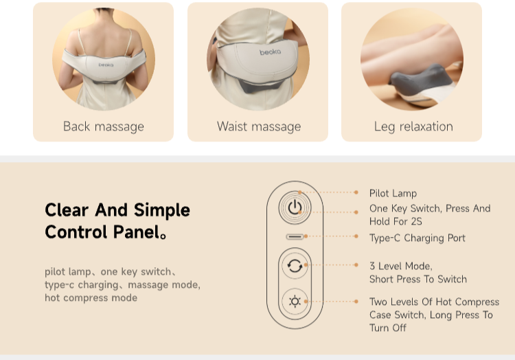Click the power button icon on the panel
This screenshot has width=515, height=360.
click(295, 207)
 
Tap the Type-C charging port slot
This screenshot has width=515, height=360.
click(295, 236)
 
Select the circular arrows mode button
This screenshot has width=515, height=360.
click(295, 265)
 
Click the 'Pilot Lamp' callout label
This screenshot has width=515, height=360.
click(393, 193)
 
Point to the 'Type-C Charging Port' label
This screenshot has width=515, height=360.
click(417, 238)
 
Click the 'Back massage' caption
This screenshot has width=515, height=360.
click(104, 126)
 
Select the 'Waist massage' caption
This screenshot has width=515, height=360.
click(259, 126)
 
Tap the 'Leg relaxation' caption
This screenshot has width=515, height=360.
click(413, 126)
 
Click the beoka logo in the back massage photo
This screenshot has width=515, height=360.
click(106, 65)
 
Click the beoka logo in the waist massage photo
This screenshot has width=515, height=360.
click(270, 52)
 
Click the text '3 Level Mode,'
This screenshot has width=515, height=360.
click(401, 266)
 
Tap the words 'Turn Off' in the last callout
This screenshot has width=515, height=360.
click(387, 328)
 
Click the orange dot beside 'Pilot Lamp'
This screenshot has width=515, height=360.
click(356, 192)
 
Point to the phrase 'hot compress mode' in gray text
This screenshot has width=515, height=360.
click(91, 298)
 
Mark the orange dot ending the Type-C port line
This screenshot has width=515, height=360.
click(356, 236)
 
